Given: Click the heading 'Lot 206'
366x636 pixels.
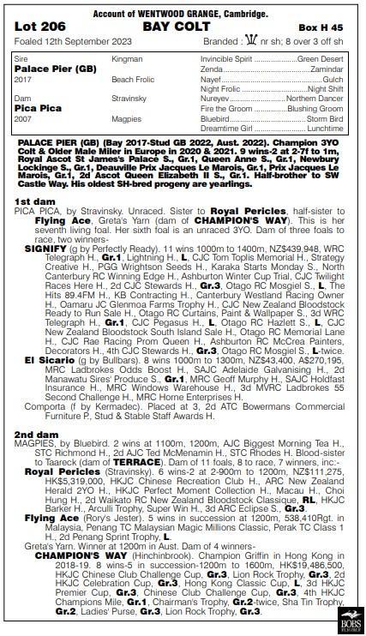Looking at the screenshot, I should point(43,27).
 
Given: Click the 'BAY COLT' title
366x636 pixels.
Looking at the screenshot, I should point(183,27).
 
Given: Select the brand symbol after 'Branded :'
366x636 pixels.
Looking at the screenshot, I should point(249,42).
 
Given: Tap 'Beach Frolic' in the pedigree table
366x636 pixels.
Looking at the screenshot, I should point(132,78).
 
